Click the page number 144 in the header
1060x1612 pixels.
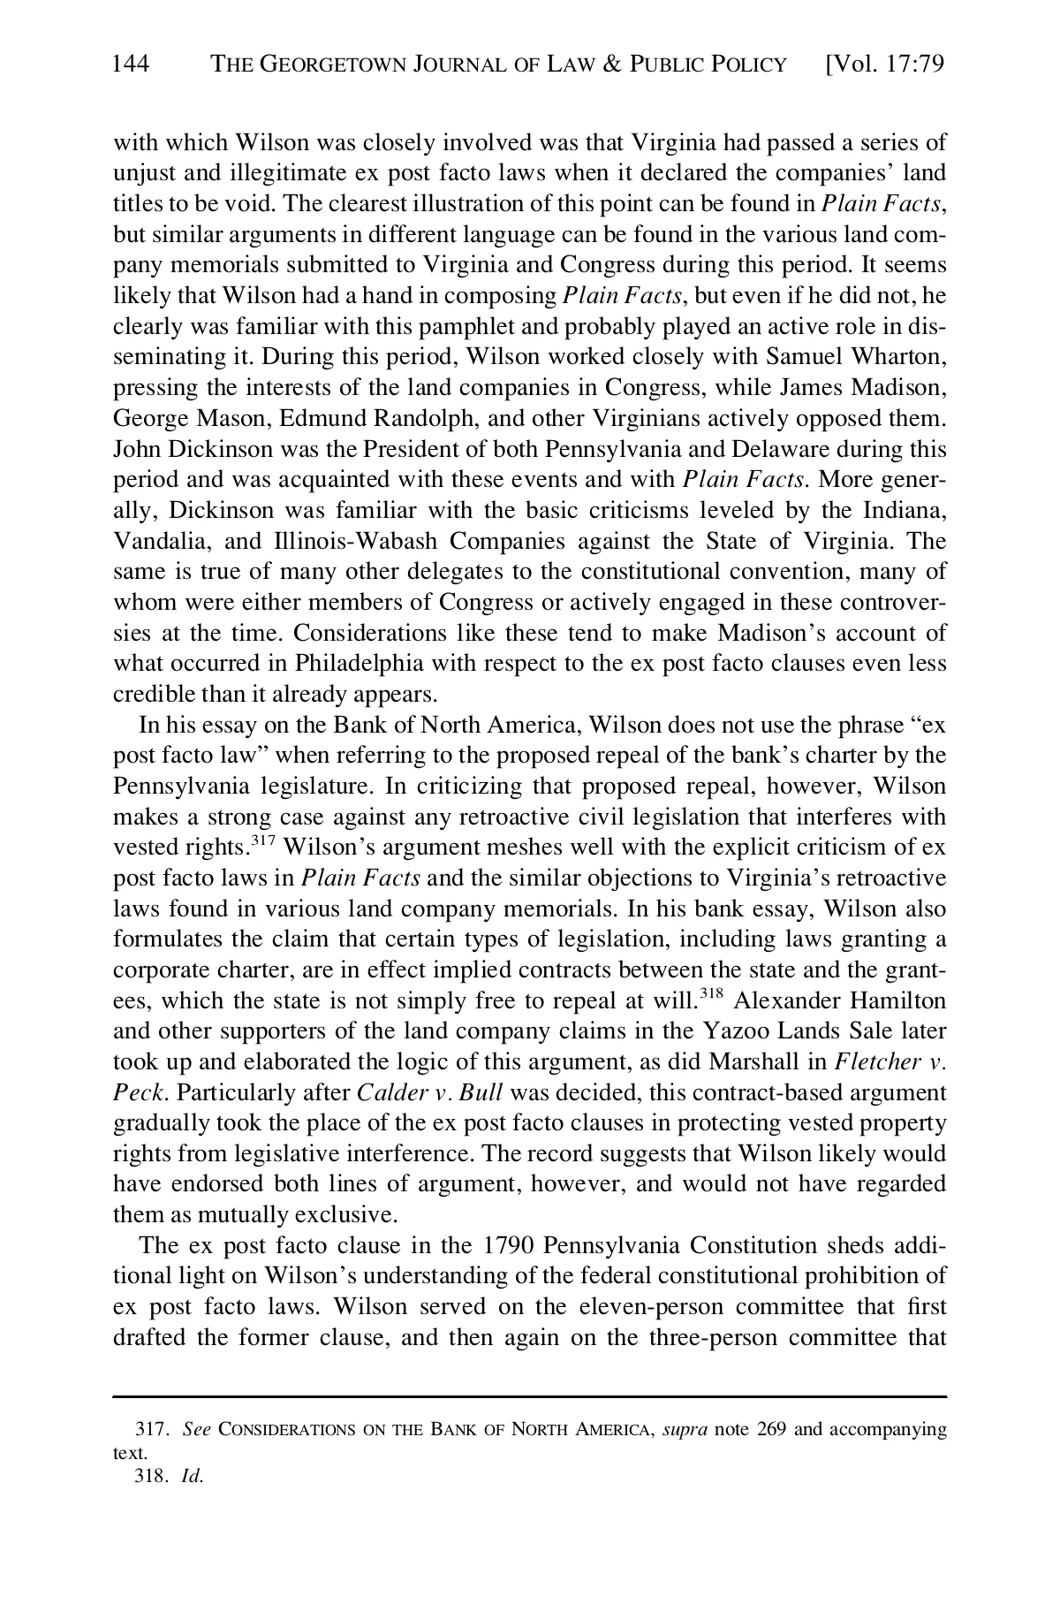point(132,65)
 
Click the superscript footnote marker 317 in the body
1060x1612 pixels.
point(263,840)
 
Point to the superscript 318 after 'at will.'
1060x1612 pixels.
point(711,993)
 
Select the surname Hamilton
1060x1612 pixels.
point(897,1001)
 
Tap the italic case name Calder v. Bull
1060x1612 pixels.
point(429,1093)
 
